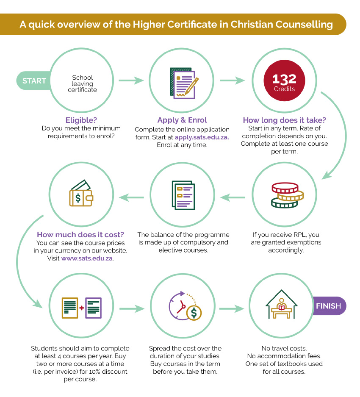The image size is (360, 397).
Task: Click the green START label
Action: click(x=34, y=81)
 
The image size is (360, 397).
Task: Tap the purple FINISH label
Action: click(x=329, y=306)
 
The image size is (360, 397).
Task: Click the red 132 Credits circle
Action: click(x=284, y=81)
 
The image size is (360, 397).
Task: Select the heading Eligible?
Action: click(x=81, y=120)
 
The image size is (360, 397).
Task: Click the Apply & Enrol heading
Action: click(x=182, y=120)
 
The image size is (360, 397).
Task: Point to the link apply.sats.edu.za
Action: click(x=202, y=137)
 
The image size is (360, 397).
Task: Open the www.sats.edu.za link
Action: click(x=87, y=258)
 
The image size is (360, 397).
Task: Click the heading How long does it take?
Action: click(x=284, y=120)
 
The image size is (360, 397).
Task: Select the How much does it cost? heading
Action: click(x=80, y=235)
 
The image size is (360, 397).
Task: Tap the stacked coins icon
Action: click(x=287, y=195)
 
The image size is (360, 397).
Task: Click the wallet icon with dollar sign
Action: click(x=81, y=193)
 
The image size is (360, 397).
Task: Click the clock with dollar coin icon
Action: click(x=185, y=306)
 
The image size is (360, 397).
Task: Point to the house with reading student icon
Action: click(x=281, y=304)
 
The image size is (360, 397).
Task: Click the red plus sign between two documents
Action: click(x=81, y=308)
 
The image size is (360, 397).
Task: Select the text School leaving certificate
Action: click(x=82, y=83)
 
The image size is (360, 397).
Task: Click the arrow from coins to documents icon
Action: click(x=233, y=197)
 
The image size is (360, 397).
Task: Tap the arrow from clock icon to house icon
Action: click(x=232, y=308)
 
